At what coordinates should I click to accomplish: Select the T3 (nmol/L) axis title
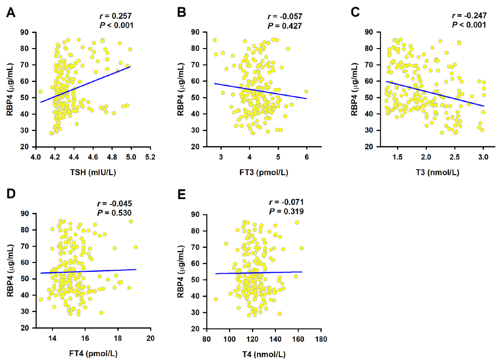tap(430, 172)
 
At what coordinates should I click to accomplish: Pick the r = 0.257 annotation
tap(116, 16)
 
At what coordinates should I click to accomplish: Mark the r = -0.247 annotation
tap(469, 16)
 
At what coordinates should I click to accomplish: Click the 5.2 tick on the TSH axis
tap(150, 158)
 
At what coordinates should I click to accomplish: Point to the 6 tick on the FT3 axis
tap(307, 156)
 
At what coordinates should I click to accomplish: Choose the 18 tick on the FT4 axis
tap(118, 338)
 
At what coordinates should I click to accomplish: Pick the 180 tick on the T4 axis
tap(321, 338)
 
